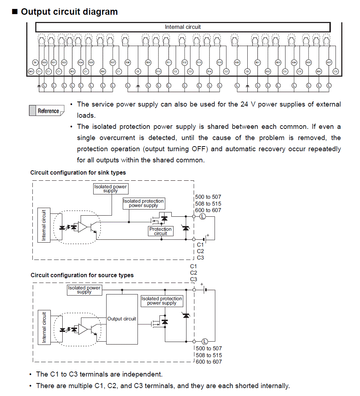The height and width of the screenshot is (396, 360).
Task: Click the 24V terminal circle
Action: [x=31, y=72]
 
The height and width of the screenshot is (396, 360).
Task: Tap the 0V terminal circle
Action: [x=35, y=62]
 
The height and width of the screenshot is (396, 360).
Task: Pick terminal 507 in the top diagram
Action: [x=113, y=62]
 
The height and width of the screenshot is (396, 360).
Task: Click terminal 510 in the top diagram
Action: [x=158, y=72]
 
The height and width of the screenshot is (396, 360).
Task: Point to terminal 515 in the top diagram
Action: [x=220, y=62]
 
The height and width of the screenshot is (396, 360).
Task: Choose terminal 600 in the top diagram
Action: [x=237, y=62]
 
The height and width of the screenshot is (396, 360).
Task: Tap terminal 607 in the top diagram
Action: [x=329, y=62]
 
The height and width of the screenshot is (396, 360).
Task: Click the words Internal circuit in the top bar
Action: [x=183, y=27]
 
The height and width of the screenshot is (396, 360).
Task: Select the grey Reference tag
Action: [x=47, y=111]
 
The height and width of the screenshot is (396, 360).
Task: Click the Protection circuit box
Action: [x=161, y=231]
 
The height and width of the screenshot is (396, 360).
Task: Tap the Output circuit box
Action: [x=122, y=319]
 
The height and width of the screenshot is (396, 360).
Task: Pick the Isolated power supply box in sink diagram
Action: [x=111, y=189]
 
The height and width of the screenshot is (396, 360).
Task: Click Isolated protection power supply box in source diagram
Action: [x=162, y=301]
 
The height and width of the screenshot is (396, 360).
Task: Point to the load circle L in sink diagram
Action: [x=202, y=216]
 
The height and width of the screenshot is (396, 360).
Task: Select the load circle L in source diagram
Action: [x=205, y=341]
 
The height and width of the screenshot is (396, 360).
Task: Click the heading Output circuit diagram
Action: [x=69, y=12]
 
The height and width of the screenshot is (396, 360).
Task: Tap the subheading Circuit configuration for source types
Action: [x=82, y=275]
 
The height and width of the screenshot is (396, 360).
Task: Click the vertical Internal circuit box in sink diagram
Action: [x=44, y=225]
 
